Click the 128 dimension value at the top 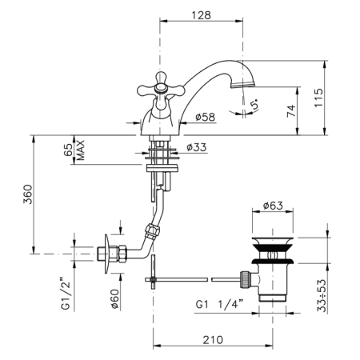(x=202, y=15)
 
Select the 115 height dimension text (x=318, y=98)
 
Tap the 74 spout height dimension (x=291, y=110)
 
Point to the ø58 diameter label (x=205, y=117)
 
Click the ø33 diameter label (x=197, y=147)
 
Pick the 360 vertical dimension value (x=27, y=194)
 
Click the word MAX (x=80, y=150)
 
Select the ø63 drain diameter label (x=273, y=206)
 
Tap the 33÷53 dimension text (x=322, y=295)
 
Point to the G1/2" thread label (x=66, y=294)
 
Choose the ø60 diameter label (x=114, y=299)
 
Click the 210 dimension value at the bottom (x=213, y=340)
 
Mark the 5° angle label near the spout (x=255, y=104)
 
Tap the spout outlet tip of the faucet (x=242, y=85)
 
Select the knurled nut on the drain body (x=246, y=279)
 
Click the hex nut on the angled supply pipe (x=153, y=231)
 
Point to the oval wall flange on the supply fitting (x=106, y=254)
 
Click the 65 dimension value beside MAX (x=68, y=150)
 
